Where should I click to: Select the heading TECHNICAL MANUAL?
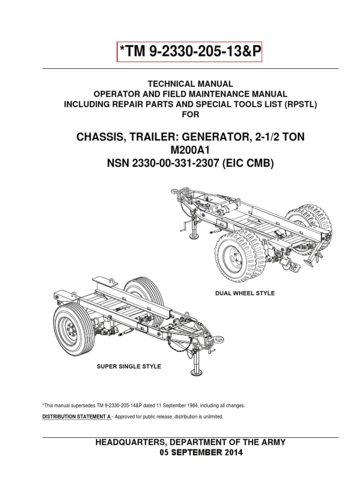pos(190,84)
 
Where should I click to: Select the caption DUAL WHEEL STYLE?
pos(245,293)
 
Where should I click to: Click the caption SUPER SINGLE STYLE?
pos(129,366)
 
